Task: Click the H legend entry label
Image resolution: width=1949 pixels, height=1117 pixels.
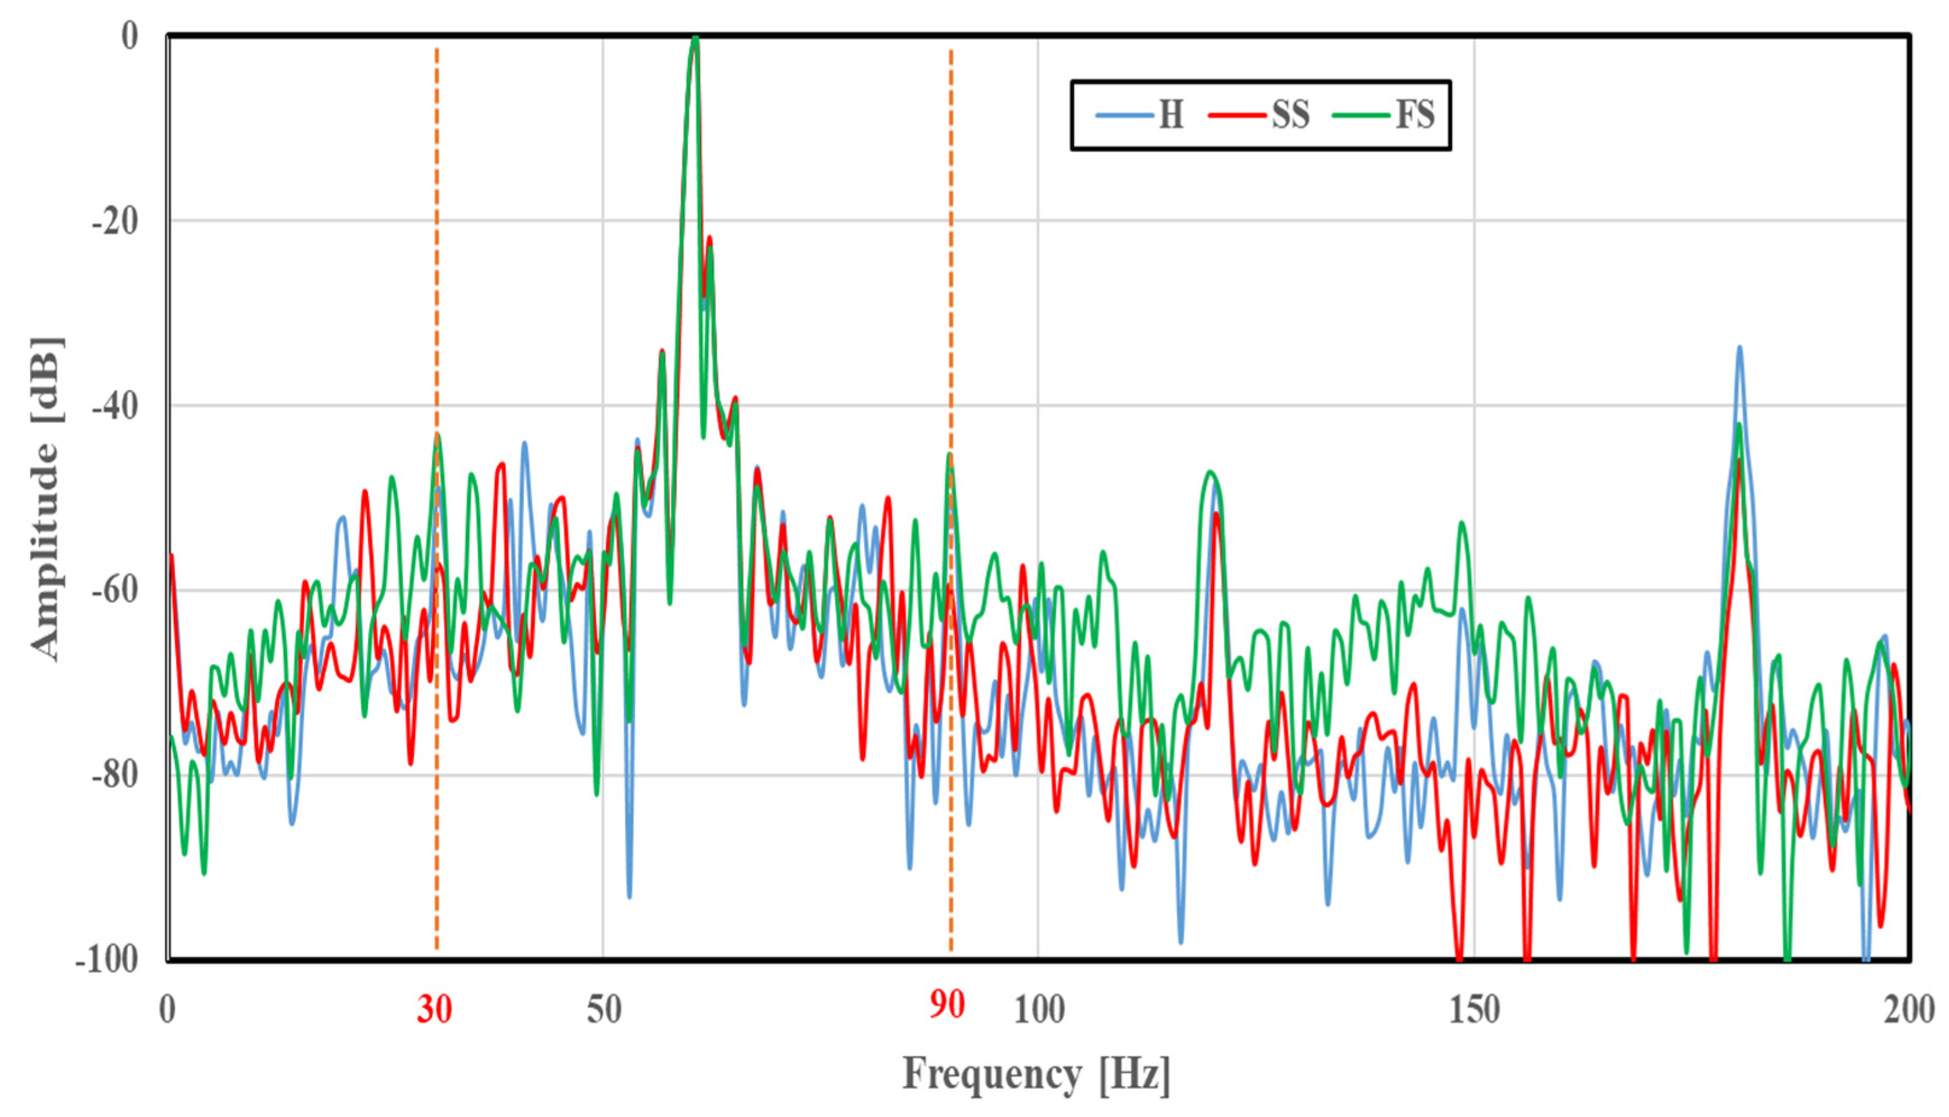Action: pyautogui.click(x=1171, y=116)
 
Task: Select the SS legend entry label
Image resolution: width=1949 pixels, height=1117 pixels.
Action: pyautogui.click(x=1291, y=116)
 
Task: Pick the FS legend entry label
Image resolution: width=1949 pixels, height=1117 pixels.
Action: pyautogui.click(x=1415, y=116)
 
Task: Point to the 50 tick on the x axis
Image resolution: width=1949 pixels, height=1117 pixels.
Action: pyautogui.click(x=603, y=1010)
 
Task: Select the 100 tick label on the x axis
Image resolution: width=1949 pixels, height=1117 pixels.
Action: pyautogui.click(x=1039, y=1010)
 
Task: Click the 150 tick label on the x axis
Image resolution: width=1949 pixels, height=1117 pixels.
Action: pyautogui.click(x=1474, y=1010)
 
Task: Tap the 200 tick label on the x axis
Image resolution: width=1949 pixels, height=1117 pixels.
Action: pyautogui.click(x=1909, y=1010)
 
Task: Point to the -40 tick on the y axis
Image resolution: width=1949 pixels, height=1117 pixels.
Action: pyautogui.click(x=115, y=407)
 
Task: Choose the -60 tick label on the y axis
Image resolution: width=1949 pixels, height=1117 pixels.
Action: pyautogui.click(x=115, y=591)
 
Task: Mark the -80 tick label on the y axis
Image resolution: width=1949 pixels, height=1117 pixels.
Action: pyautogui.click(x=115, y=775)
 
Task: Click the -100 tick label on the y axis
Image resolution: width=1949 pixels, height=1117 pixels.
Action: pyautogui.click(x=107, y=959)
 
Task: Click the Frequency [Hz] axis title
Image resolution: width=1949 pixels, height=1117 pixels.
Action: pyautogui.click(x=1036, y=1075)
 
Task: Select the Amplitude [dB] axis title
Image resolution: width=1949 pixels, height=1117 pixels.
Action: pyautogui.click(x=46, y=498)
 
